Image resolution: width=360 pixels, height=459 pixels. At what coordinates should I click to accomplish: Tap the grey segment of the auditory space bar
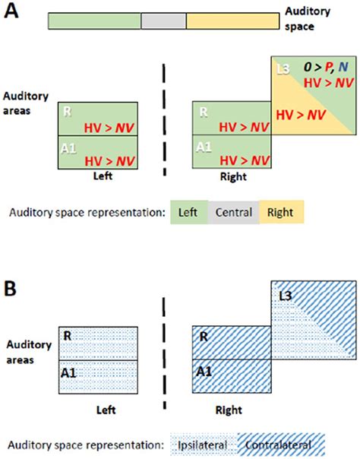163,21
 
